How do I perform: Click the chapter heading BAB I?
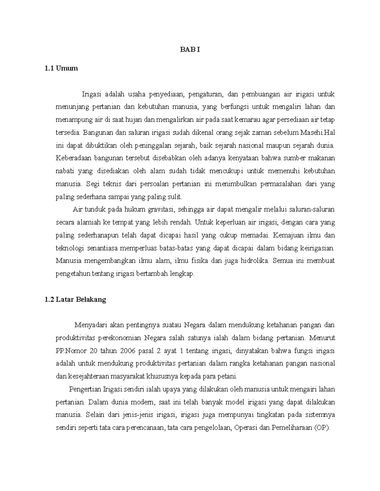190,50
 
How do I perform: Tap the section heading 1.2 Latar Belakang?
75,300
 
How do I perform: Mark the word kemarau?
244,120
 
